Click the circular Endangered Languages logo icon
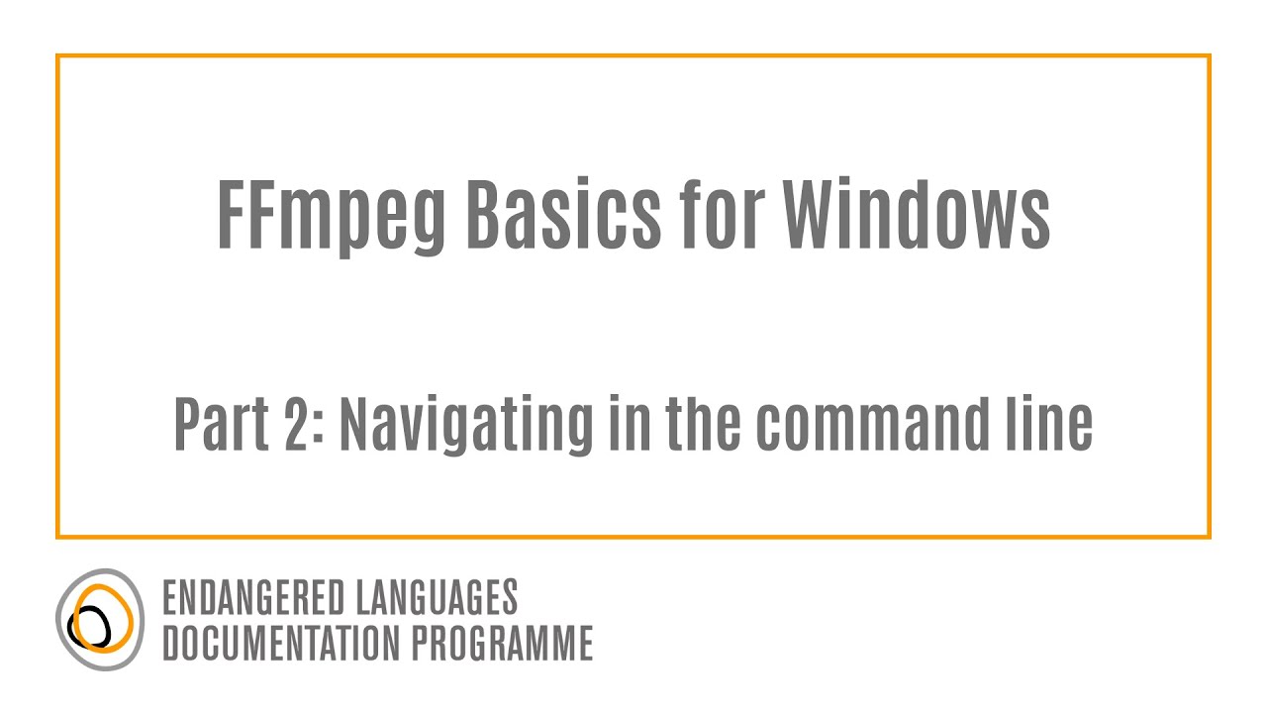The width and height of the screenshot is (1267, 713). (x=100, y=620)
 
